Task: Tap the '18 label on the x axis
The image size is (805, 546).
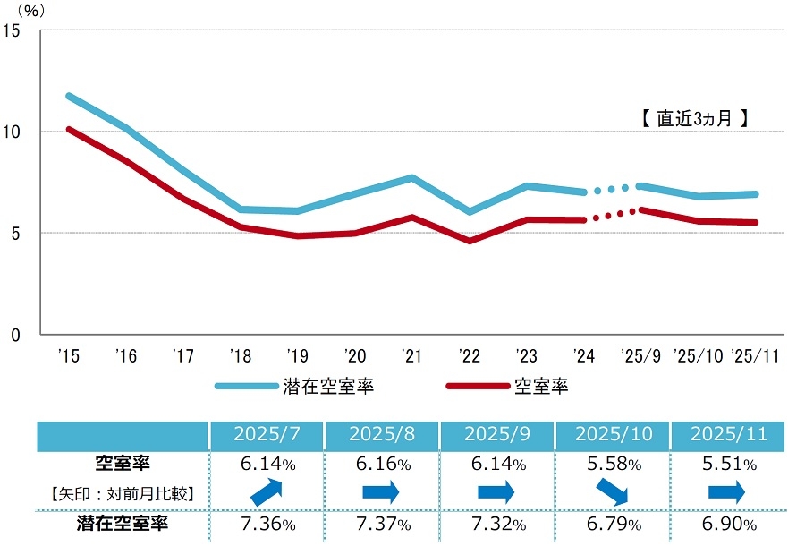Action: tap(240, 356)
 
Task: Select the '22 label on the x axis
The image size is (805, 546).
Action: tap(470, 356)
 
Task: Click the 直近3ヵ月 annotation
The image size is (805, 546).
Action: tap(694, 118)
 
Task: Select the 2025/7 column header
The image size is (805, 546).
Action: tap(266, 434)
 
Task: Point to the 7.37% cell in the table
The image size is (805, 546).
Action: tap(382, 524)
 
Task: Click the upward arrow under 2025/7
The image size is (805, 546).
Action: tap(266, 492)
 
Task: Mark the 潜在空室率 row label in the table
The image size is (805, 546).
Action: tap(122, 524)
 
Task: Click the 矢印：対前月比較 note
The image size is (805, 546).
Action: tap(122, 491)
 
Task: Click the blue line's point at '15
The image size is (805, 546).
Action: tap(68, 96)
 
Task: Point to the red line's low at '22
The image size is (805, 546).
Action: tap(470, 241)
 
